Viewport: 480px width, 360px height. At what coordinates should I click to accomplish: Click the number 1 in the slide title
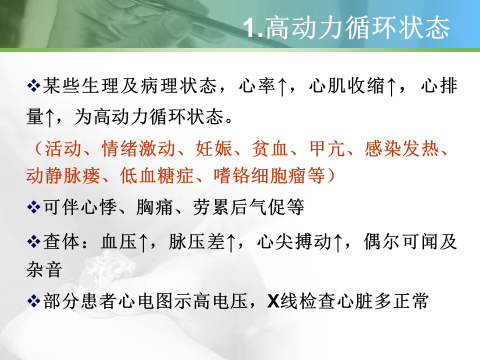coord(251,28)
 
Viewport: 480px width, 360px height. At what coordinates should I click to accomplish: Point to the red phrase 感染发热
coord(401,149)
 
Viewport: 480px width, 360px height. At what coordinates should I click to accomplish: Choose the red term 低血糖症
coord(156,175)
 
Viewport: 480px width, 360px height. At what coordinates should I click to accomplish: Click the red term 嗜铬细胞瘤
coord(269,175)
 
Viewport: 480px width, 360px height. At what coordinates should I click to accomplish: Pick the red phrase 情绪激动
coord(138,149)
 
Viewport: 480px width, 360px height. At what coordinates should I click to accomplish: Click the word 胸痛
coord(155,207)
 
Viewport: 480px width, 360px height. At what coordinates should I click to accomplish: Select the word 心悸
coord(98,207)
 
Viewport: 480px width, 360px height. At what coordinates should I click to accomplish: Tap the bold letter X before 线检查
coord(273,301)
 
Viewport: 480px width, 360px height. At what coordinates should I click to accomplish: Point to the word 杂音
coord(44,269)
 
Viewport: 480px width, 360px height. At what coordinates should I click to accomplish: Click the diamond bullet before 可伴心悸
coord(33,207)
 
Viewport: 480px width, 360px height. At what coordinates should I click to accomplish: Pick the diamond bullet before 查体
coord(33,242)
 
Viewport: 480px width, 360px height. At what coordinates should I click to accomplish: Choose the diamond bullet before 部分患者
coord(33,301)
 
